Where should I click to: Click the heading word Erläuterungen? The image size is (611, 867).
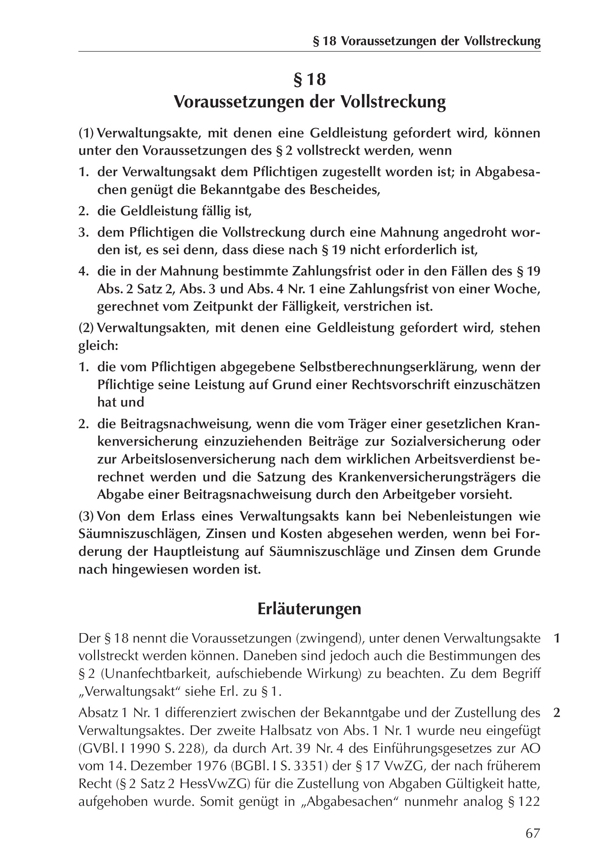tap(309, 609)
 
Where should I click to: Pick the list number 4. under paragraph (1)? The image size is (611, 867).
tap(84, 272)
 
